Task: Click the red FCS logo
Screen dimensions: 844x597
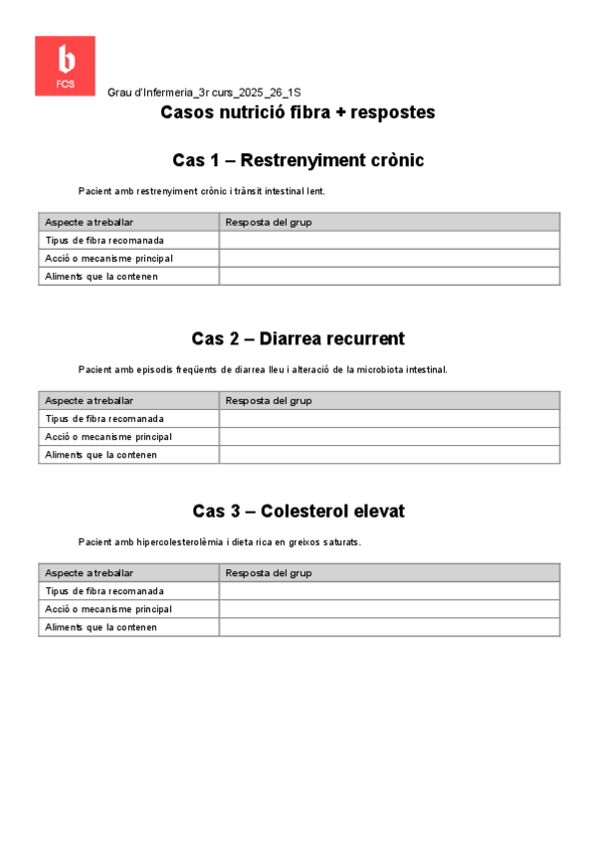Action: click(x=65, y=66)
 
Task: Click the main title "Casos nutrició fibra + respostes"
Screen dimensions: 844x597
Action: click(x=298, y=112)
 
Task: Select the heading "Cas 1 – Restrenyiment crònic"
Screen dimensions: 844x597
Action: click(x=298, y=160)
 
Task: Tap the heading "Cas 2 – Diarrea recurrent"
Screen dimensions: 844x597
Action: click(x=298, y=338)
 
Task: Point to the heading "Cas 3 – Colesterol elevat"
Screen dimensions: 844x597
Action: click(x=298, y=511)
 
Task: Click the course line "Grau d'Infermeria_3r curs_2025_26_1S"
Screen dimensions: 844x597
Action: click(x=204, y=92)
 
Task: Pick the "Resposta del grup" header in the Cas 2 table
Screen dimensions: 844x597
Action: click(x=269, y=400)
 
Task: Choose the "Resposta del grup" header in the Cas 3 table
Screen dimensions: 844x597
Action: click(x=269, y=573)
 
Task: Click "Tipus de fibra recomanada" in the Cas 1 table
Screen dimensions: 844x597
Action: click(x=104, y=240)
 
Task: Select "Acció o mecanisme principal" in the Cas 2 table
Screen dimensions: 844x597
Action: click(x=108, y=437)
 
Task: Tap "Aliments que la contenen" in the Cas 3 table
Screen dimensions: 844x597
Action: click(x=101, y=627)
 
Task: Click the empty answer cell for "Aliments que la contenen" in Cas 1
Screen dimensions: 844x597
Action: click(x=389, y=277)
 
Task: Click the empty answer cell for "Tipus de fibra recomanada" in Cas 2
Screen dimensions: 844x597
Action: click(x=389, y=419)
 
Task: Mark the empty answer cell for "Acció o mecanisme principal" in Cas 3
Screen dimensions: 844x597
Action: click(x=389, y=609)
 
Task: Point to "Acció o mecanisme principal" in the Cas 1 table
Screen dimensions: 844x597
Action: click(x=108, y=259)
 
